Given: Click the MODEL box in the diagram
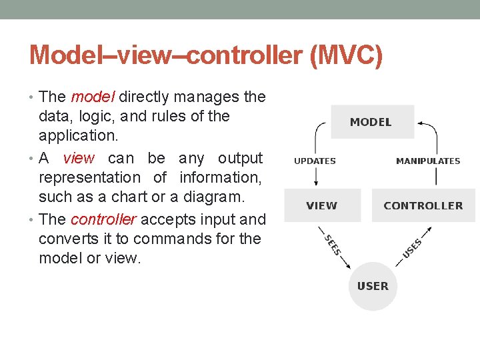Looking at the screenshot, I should click(372, 122).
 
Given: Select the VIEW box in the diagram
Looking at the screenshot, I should click(322, 205).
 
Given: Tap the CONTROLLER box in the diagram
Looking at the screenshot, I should click(423, 205).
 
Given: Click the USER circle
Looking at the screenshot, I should click(373, 286).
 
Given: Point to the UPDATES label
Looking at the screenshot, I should click(315, 161).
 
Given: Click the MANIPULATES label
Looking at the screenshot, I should click(428, 161).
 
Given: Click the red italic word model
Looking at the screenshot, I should click(93, 97).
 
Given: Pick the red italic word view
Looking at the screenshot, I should click(79, 159).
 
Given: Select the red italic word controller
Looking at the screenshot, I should click(103, 220).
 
